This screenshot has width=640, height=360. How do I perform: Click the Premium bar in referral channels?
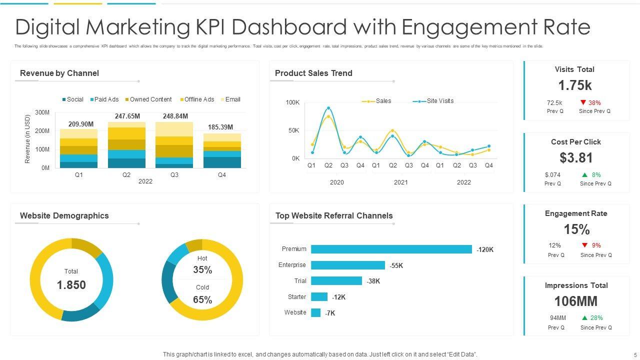(391, 249)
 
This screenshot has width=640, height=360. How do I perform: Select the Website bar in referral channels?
(315, 313)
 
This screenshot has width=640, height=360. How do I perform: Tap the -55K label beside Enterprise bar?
(396, 266)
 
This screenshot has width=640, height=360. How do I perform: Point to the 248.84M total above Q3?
(175, 116)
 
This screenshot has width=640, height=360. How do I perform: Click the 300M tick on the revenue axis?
(42, 113)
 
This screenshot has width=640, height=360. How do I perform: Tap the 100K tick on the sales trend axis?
(292, 102)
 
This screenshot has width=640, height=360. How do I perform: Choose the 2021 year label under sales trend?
(400, 182)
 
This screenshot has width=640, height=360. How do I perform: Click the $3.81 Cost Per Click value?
(576, 158)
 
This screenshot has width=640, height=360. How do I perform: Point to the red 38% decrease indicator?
(590, 103)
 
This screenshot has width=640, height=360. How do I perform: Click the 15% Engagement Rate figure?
(576, 229)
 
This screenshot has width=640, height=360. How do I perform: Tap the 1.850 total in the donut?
(71, 285)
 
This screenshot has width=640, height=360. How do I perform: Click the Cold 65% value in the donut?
(202, 300)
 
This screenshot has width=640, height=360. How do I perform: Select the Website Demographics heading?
(64, 216)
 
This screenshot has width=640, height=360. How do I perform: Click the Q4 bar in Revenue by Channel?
(221, 150)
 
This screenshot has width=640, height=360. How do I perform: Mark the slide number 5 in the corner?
(635, 354)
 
